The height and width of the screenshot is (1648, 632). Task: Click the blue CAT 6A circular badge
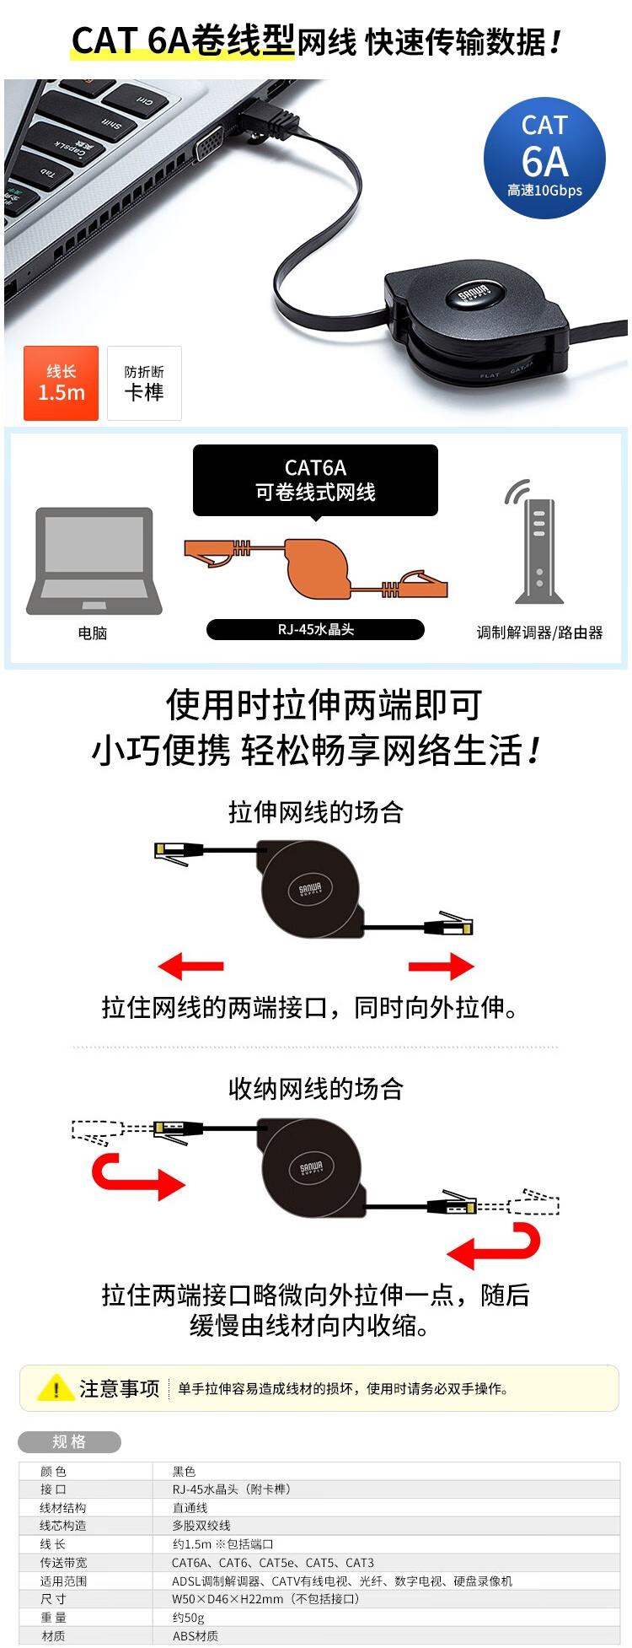click(x=544, y=158)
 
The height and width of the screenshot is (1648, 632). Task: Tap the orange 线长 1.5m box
click(x=62, y=383)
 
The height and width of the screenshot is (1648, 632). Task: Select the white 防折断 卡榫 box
click(x=144, y=383)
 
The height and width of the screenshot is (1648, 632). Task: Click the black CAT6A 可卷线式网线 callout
click(x=315, y=480)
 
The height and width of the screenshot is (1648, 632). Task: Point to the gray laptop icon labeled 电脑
click(x=94, y=560)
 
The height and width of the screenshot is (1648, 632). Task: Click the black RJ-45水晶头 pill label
click(x=315, y=629)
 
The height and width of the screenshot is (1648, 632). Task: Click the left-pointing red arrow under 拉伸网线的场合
click(x=190, y=966)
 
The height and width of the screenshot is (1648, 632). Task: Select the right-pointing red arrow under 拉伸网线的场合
click(x=442, y=966)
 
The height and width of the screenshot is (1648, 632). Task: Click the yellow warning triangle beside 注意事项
click(x=56, y=1387)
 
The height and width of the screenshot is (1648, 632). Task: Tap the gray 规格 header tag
click(x=69, y=1442)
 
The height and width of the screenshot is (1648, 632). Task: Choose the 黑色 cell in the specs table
click(x=184, y=1472)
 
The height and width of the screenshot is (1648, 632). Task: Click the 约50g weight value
click(x=188, y=1618)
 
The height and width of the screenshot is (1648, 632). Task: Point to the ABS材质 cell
click(x=195, y=1636)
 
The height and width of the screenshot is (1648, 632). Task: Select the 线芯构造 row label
click(x=63, y=1526)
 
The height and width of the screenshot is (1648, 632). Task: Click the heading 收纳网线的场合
click(x=315, y=1089)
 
